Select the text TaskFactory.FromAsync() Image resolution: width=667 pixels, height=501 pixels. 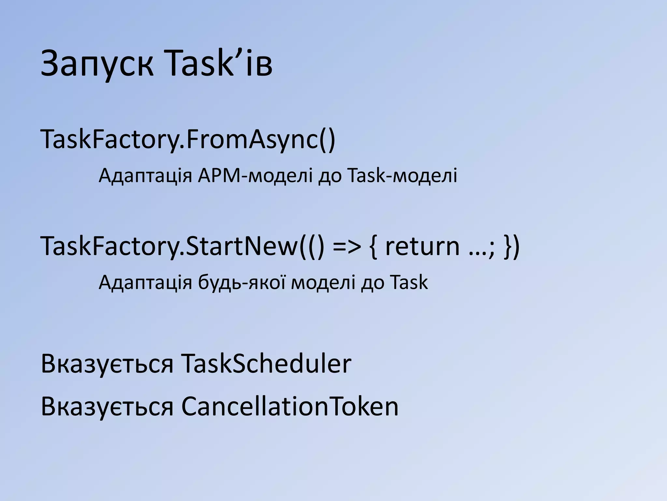click(188, 140)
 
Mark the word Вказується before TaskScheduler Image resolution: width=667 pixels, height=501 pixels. click(107, 364)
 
